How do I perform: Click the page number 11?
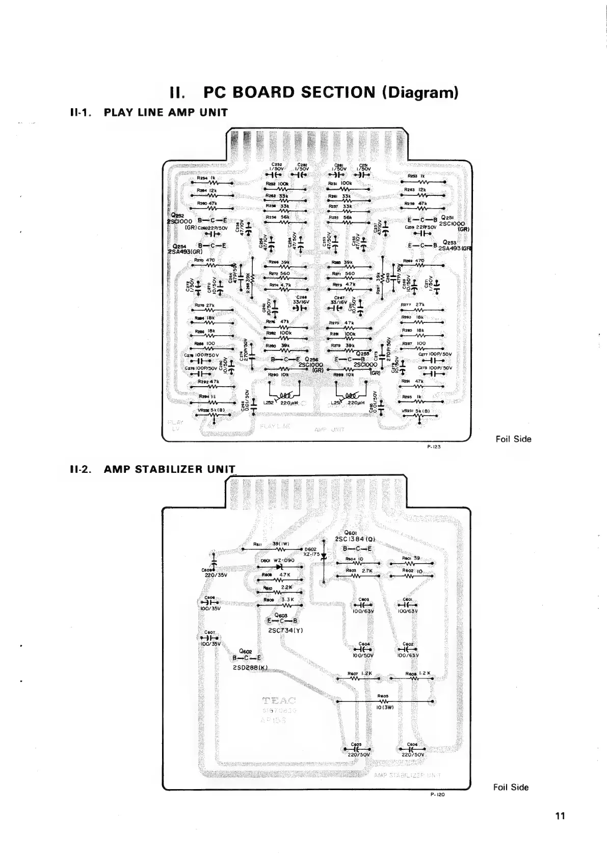(x=561, y=816)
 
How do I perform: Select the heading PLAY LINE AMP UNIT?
(x=166, y=112)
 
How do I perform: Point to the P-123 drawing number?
(x=434, y=445)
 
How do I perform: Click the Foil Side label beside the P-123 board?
(x=513, y=439)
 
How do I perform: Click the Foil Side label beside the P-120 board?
(x=511, y=787)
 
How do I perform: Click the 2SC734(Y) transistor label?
(x=285, y=629)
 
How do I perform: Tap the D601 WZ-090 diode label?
(x=278, y=561)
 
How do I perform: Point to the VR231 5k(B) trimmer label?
(x=416, y=411)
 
